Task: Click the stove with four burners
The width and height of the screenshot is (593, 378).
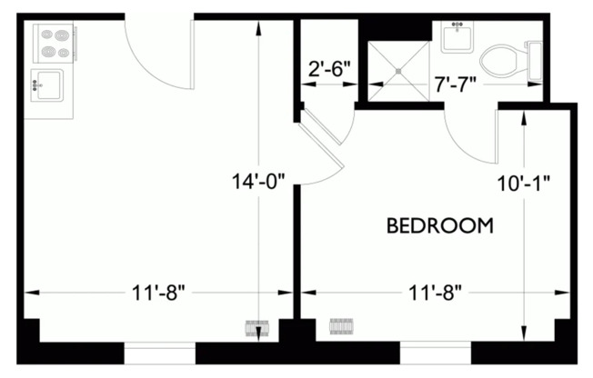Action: pyautogui.click(x=51, y=43)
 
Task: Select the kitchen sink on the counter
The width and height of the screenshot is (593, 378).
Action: pyautogui.click(x=48, y=87)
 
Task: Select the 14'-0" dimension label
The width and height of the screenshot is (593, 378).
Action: pyautogui.click(x=259, y=181)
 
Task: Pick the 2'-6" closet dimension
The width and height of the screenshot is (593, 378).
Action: pyautogui.click(x=329, y=67)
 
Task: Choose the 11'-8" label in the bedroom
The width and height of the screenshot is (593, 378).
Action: pyautogui.click(x=434, y=293)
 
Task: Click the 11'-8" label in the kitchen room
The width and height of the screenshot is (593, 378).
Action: pyautogui.click(x=158, y=293)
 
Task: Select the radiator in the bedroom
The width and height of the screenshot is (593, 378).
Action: pyautogui.click(x=339, y=325)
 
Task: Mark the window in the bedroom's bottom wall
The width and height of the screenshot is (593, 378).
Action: pyautogui.click(x=437, y=353)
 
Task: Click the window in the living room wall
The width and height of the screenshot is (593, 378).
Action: pyautogui.click(x=159, y=353)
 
